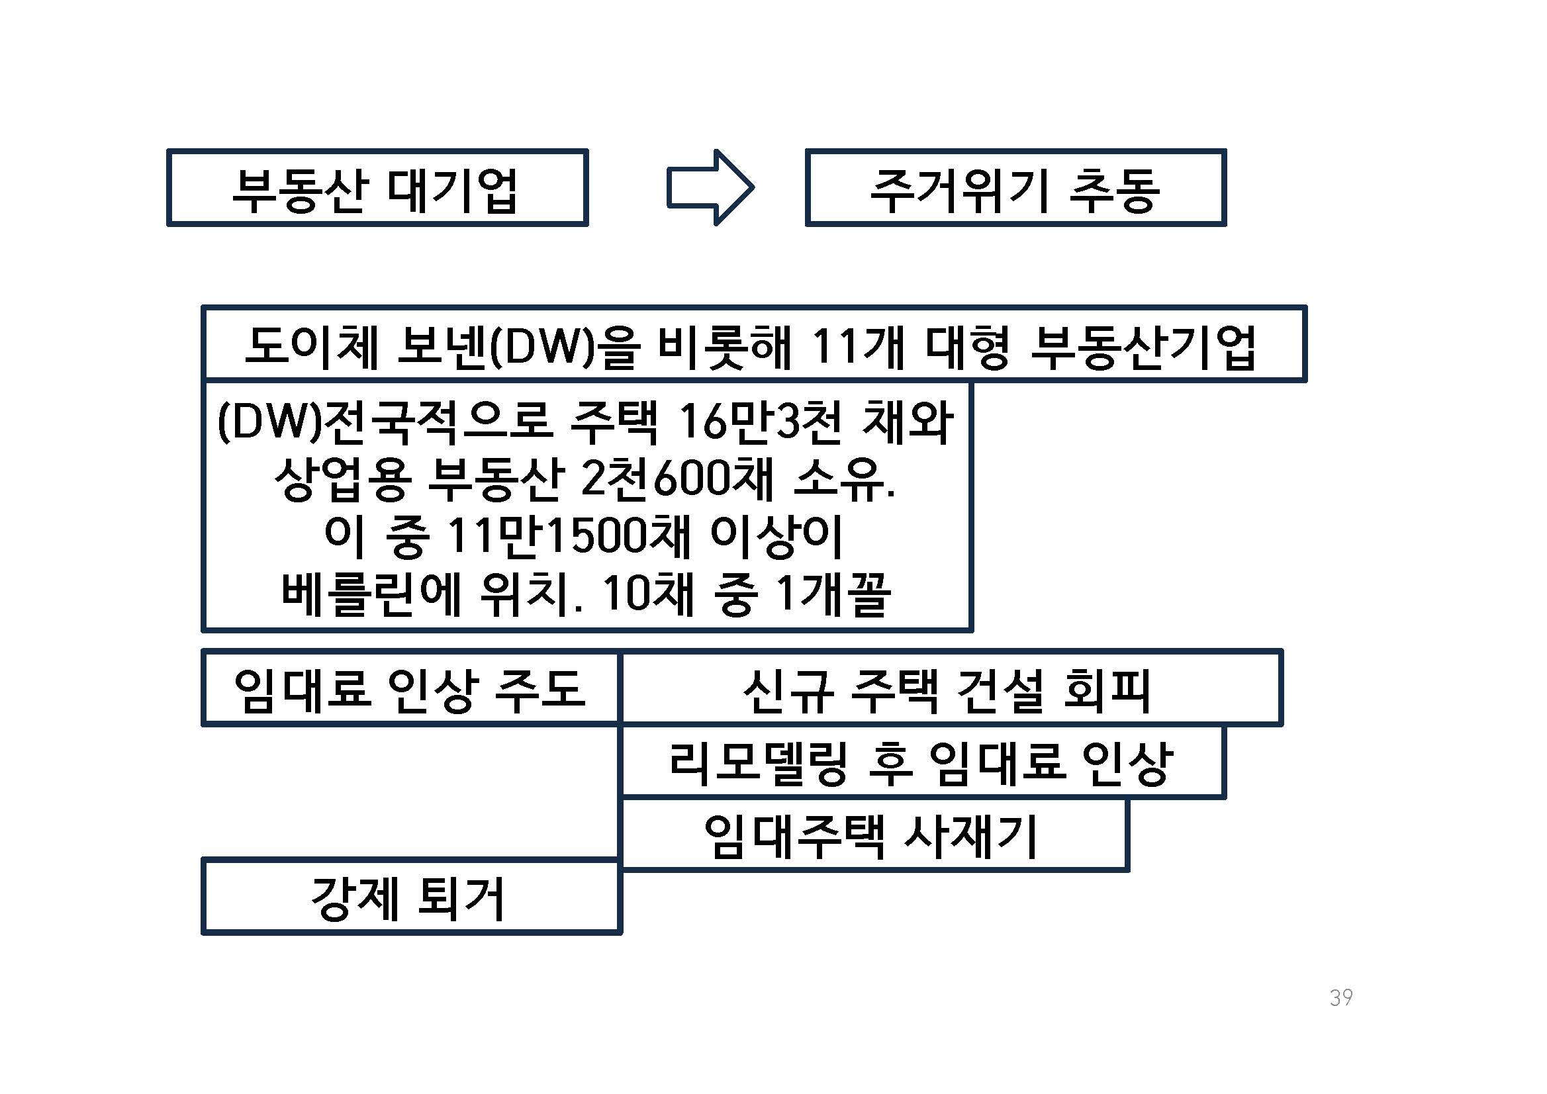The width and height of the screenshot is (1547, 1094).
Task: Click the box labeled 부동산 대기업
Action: [377, 188]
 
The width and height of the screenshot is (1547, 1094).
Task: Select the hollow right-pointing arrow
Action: [710, 188]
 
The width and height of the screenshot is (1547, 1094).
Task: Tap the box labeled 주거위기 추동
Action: [1015, 188]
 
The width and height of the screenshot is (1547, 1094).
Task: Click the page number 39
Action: [1341, 997]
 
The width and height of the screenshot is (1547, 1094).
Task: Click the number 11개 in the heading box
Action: [857, 347]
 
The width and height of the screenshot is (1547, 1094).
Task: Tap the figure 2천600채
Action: [676, 480]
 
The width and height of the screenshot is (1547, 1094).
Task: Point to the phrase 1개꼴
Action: [833, 595]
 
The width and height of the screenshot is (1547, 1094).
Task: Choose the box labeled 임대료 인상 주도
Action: [410, 689]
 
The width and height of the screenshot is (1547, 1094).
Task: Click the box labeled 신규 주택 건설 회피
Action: [950, 689]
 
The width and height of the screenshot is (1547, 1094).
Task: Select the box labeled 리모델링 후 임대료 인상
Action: [921, 763]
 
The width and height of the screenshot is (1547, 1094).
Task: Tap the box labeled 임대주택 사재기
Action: [872, 836]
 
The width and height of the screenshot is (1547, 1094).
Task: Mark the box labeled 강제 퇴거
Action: [410, 898]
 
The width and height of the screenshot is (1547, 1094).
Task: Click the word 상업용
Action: [342, 480]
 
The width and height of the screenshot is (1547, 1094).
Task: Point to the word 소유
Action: [843, 480]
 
